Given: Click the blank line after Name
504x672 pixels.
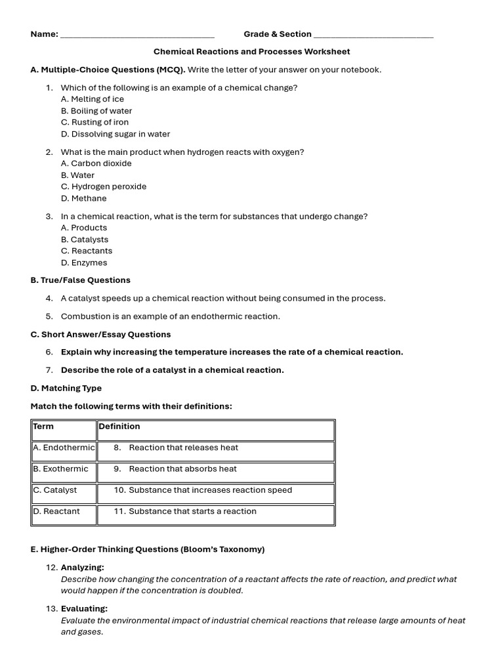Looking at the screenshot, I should coord(137,35).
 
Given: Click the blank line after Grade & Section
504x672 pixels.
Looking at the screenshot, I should coord(373,35).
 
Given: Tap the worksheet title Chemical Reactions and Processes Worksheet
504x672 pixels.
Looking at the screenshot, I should coord(251,52).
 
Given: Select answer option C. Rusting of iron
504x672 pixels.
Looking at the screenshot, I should coord(94,123).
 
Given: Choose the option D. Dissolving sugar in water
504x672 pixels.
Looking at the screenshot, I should coord(115,134).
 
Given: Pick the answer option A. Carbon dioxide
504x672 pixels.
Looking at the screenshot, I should coord(96,163).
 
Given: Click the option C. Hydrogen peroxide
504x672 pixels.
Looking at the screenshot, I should coord(104,186).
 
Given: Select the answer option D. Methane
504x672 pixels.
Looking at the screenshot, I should coord(83,198).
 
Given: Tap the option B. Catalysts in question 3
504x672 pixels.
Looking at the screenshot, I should coord(85,240).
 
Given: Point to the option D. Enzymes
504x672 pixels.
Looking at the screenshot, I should coord(84,262).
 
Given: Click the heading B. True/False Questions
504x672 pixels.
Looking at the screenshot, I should coord(80,280).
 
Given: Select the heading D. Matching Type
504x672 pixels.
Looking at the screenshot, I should coord(66,388).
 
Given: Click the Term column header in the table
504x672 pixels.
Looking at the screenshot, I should coord(43,427).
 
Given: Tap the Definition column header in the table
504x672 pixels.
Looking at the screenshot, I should coord(119,427).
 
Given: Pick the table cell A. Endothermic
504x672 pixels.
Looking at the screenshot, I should coord(64,448).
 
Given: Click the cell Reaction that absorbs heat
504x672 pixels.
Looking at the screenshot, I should coord(182,469).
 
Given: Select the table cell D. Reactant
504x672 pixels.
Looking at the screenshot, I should coord(56,511).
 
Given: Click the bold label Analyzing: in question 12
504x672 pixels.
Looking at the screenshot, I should coord(82,568).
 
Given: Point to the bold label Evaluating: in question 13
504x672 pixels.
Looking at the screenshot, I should coord(84,609).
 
